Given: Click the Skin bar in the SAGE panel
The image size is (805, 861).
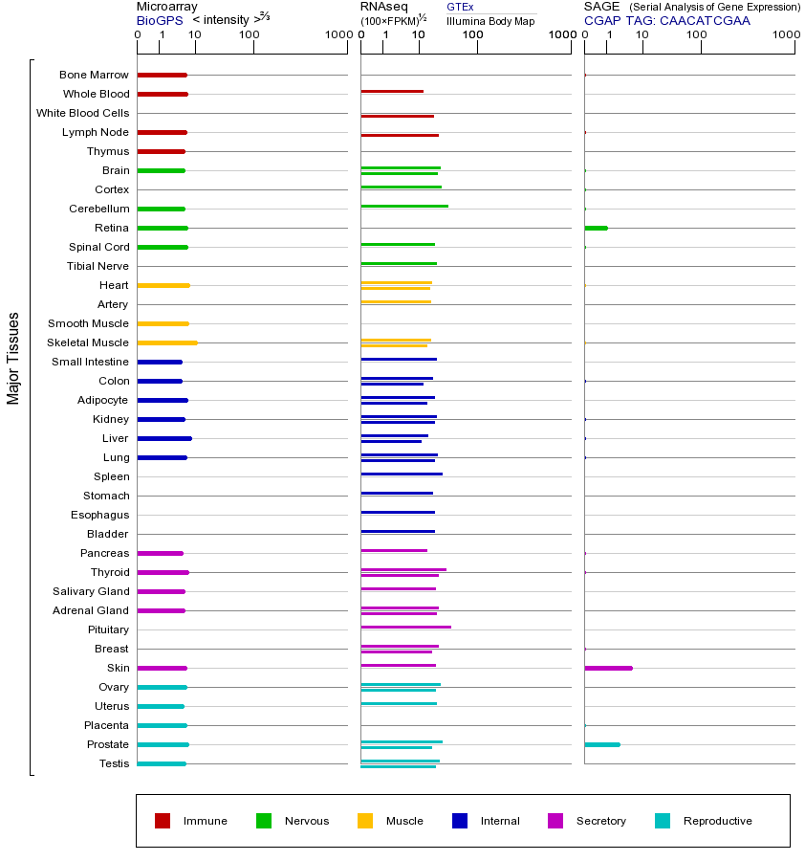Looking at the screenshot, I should (x=608, y=668).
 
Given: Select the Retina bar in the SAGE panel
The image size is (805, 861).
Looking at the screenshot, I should (x=596, y=228).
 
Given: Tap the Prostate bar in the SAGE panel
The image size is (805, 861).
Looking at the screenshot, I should (x=601, y=744).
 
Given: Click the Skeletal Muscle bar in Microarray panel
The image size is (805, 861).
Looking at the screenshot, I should (x=167, y=342).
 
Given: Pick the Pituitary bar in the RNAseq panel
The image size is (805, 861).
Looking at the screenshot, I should (x=405, y=627).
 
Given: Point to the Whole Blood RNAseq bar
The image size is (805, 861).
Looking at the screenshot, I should (x=392, y=92).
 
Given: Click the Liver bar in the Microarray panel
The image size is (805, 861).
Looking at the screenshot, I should (x=164, y=438).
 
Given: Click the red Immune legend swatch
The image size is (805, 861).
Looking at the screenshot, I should (x=163, y=821).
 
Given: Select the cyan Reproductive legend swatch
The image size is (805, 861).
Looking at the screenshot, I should (x=663, y=821).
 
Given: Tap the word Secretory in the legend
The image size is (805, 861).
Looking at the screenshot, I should (x=600, y=821).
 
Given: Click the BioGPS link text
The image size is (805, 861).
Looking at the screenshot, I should (x=159, y=20).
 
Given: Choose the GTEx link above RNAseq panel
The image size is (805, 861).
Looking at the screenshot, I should (x=460, y=7).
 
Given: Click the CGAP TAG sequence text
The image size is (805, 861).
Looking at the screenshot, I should (x=667, y=20).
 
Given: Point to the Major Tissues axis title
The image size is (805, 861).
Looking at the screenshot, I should (x=13, y=358).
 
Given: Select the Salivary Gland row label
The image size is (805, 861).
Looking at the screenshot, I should (x=91, y=591).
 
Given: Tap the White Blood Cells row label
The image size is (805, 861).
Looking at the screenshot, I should (x=82, y=113).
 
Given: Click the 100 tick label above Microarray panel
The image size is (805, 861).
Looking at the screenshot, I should (x=249, y=35).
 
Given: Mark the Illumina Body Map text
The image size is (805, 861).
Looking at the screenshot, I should (x=490, y=20).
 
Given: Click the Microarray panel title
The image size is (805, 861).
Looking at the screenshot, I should (x=166, y=7).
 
